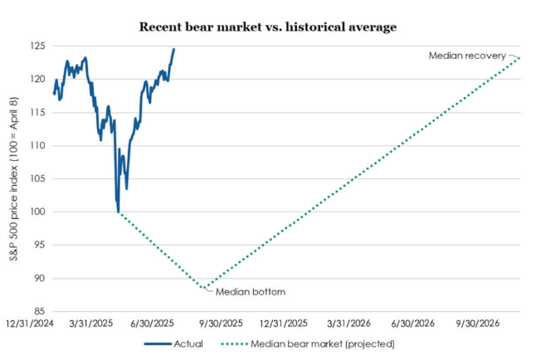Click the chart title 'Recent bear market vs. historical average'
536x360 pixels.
(x=267, y=27)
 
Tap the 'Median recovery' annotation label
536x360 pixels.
(x=466, y=56)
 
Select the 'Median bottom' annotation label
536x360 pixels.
(x=250, y=292)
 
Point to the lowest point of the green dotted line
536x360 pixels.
(x=204, y=289)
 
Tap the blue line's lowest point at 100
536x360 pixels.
(x=119, y=212)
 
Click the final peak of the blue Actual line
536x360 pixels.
(x=173, y=49)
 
